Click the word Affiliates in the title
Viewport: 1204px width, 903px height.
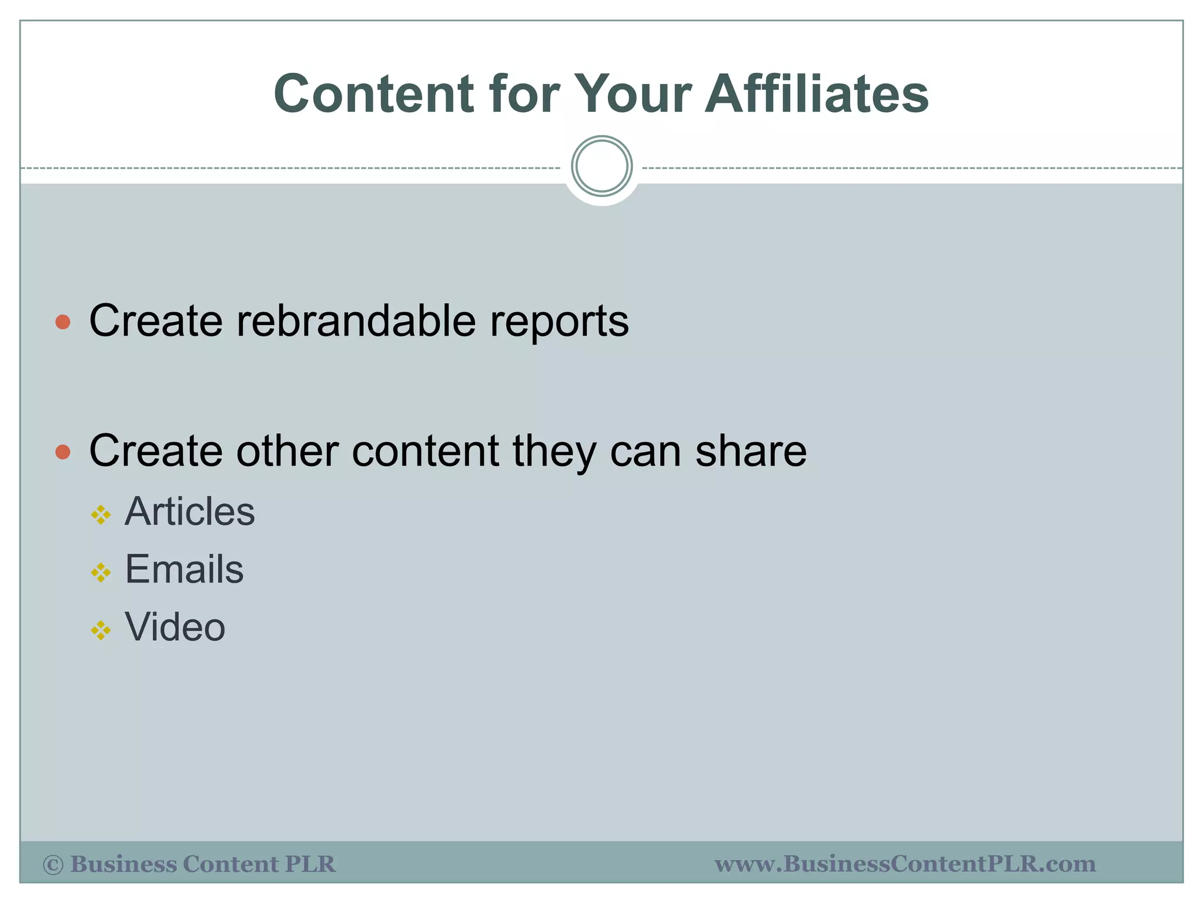pos(817,94)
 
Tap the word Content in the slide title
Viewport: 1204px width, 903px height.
pos(374,94)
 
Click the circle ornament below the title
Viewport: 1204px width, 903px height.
pos(601,166)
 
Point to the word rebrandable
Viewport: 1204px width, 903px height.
pos(356,321)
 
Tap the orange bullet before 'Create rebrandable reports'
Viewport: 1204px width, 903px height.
pos(63,322)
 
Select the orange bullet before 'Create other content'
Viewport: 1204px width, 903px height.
pos(63,451)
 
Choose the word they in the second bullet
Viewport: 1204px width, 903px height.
pos(554,451)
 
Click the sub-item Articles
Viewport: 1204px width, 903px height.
pos(190,511)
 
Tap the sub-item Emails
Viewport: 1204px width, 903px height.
pos(184,569)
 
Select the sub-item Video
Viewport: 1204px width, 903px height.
pos(175,627)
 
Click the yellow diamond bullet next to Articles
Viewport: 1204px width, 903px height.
pos(101,515)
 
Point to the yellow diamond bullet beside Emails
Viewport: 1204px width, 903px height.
pos(101,573)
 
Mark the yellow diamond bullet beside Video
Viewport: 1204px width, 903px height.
pos(101,631)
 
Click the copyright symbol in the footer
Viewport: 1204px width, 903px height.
pos(53,865)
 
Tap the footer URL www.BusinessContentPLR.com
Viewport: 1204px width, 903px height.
pos(905,864)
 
